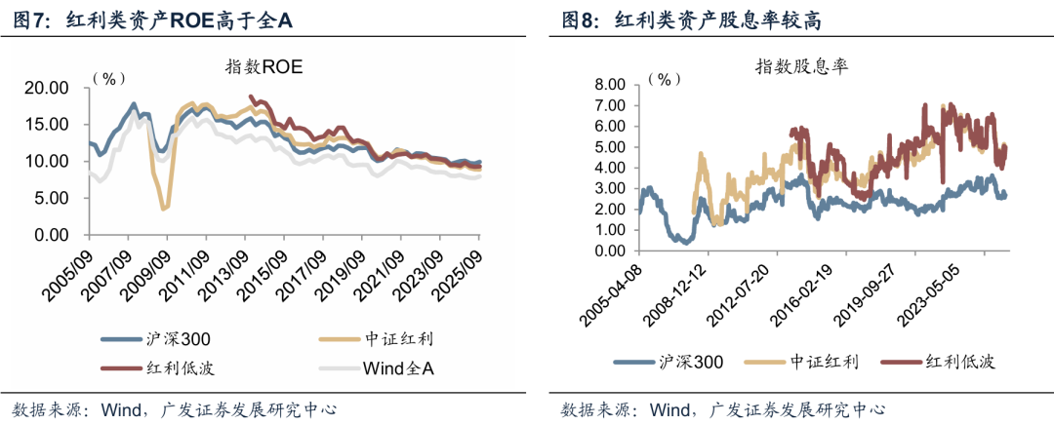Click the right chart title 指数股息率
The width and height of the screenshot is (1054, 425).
(801, 66)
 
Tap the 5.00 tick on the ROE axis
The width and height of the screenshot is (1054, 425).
(50, 198)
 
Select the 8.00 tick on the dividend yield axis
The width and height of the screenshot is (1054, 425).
(605, 85)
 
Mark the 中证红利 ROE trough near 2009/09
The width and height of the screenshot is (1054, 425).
(165, 208)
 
